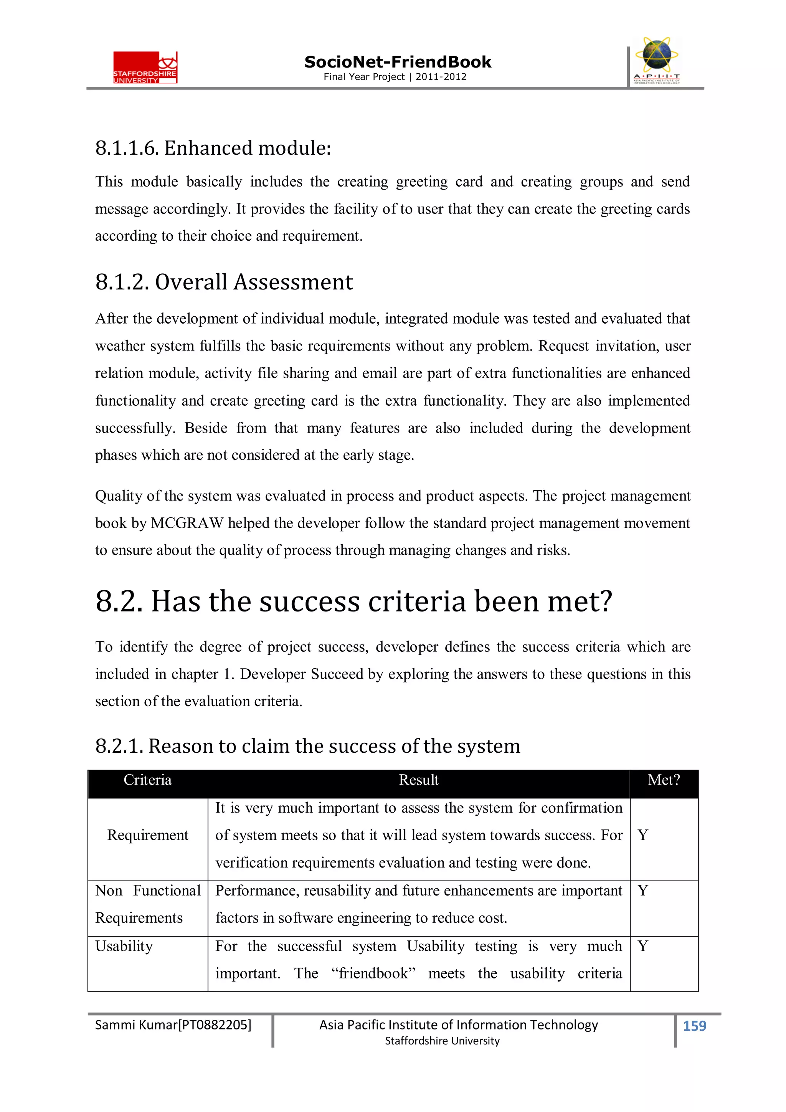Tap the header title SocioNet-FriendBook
(397, 62)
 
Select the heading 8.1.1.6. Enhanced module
(213, 148)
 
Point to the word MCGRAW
(187, 523)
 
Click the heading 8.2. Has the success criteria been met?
(353, 601)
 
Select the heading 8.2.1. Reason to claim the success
(307, 746)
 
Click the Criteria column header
(147, 780)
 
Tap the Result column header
(418, 780)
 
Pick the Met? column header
(664, 780)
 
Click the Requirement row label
(147, 835)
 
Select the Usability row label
(124, 946)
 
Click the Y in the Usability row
(642, 946)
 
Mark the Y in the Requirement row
(642, 835)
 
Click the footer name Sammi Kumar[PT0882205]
(173, 1025)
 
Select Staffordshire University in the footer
(442, 1041)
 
